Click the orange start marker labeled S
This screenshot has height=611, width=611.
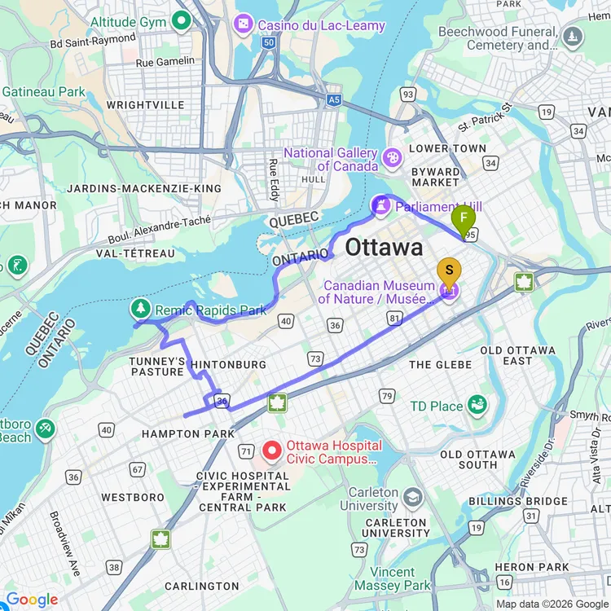tap(449, 271)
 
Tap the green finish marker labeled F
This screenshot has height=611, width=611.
tap(464, 218)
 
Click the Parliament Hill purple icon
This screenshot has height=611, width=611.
tap(380, 206)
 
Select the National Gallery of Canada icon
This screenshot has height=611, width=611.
tap(392, 156)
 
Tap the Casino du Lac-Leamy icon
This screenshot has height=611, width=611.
tap(243, 25)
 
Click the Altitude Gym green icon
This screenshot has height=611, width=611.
tap(180, 21)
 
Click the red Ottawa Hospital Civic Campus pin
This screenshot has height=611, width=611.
tap(272, 450)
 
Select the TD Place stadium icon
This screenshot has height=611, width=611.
tap(477, 405)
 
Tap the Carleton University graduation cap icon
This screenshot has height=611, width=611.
tap(415, 497)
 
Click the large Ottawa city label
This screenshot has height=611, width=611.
tap(384, 248)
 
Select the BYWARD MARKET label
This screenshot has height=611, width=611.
tap(435, 177)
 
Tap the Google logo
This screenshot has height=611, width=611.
tap(32, 600)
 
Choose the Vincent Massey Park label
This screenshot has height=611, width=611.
tap(405, 578)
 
